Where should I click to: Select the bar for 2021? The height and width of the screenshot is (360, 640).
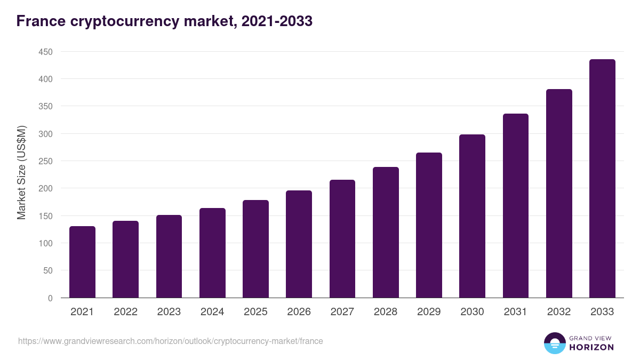82,262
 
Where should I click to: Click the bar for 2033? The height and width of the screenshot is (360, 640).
602,179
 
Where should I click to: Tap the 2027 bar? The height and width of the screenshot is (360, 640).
342,239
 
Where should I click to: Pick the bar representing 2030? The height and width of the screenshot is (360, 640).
472,216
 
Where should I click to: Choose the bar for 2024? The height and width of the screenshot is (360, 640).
212,253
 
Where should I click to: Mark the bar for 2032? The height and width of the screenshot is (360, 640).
559,194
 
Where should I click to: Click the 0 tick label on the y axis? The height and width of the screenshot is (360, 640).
50,298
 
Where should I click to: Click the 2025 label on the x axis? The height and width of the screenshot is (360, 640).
255,312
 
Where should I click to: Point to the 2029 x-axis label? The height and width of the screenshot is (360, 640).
429,312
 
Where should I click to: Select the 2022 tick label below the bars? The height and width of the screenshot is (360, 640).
125,312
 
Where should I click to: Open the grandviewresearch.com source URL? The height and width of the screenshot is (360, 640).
171,341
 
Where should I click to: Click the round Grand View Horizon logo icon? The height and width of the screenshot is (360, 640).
554,343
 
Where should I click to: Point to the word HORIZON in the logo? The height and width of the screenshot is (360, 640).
591,347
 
